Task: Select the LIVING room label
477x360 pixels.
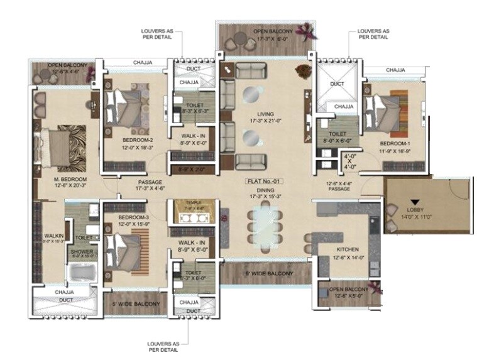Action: (x=265, y=114)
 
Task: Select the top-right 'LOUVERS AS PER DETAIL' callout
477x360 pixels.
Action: (x=373, y=33)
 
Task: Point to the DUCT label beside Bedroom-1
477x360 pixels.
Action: (x=337, y=83)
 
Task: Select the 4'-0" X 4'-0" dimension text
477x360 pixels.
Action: (x=350, y=161)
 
